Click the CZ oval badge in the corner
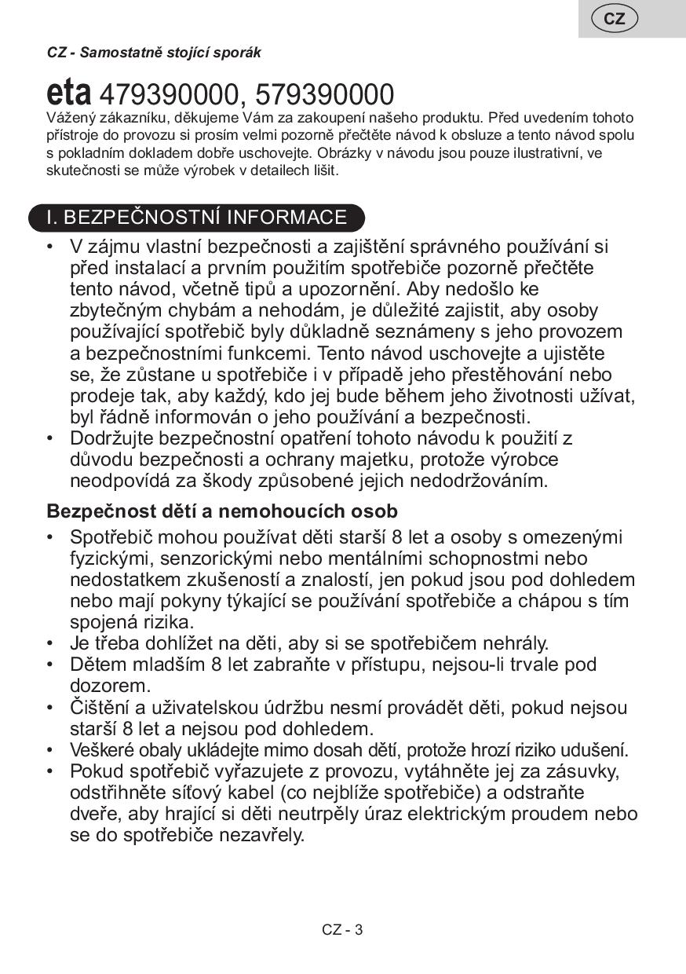coord(615,19)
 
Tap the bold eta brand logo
coord(69,93)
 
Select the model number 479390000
coord(169,95)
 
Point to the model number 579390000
coord(324,95)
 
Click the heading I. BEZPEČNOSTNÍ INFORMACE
coord(196,218)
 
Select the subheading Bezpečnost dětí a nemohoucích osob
coord(222,511)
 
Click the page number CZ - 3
coord(342,930)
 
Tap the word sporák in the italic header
coord(240,53)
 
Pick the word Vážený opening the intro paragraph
coord(71,118)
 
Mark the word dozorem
coord(104,686)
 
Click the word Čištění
coord(100,707)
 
